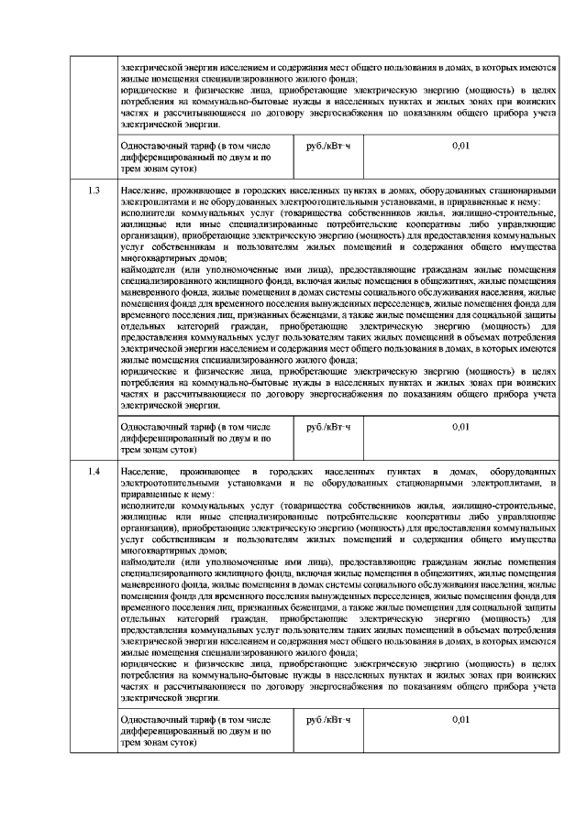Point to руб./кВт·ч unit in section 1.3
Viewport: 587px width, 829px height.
click(x=328, y=427)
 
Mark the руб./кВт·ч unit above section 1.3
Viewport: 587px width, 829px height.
click(x=328, y=146)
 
